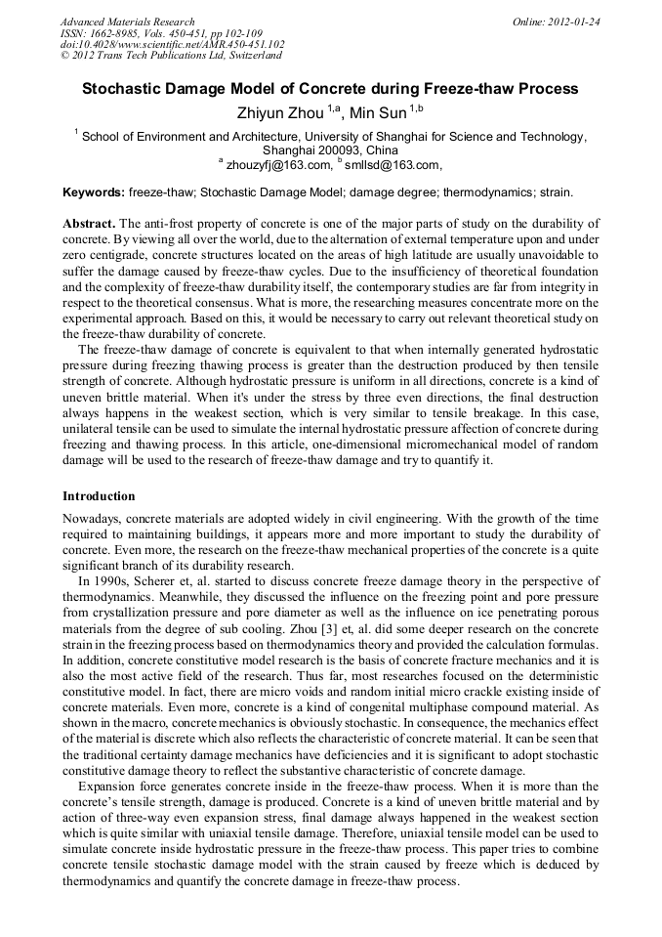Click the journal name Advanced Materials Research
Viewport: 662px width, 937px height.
(x=127, y=21)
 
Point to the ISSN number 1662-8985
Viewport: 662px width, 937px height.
(x=124, y=33)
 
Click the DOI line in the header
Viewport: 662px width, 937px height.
(x=172, y=45)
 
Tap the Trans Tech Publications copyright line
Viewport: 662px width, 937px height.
(x=170, y=57)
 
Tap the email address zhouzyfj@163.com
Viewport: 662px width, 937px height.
(x=279, y=165)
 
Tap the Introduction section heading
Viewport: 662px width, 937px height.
(x=99, y=495)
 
